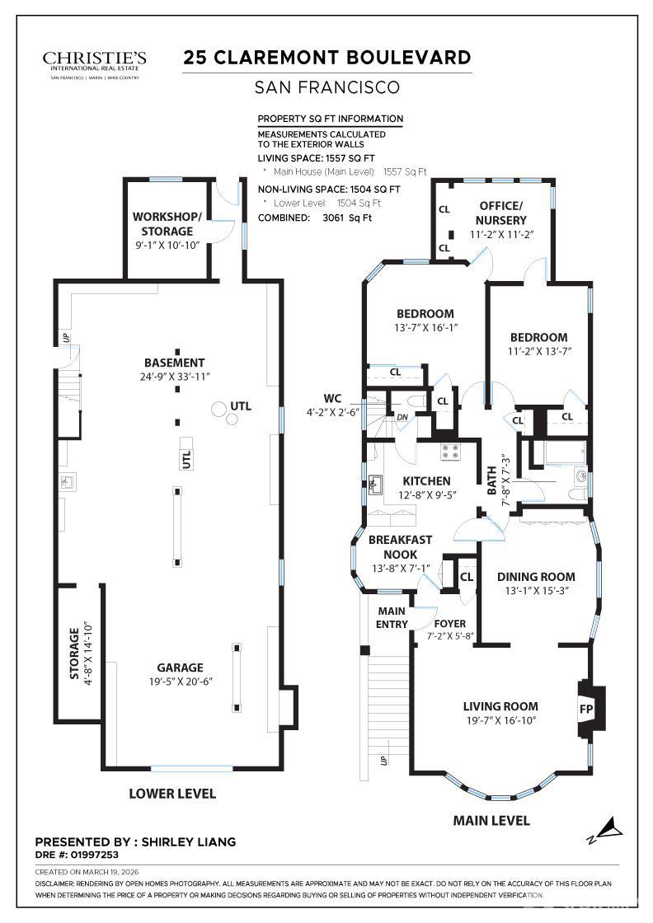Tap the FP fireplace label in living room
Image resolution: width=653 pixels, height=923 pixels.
(x=587, y=708)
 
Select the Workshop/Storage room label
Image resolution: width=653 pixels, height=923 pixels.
(x=167, y=223)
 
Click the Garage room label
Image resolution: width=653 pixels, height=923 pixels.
(x=180, y=668)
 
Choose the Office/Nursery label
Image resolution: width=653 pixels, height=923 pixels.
(x=500, y=213)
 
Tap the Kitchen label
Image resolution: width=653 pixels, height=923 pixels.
(x=426, y=480)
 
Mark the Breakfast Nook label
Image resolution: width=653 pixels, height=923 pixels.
(x=400, y=547)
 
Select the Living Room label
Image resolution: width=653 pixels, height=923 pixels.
(x=500, y=706)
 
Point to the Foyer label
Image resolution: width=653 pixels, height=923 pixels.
(x=450, y=623)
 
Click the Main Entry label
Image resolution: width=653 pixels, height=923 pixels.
(x=392, y=617)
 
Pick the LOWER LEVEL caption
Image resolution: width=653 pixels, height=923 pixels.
(x=172, y=794)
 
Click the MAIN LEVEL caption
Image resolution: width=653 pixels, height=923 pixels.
(x=491, y=820)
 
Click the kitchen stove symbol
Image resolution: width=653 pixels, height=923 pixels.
(x=450, y=451)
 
